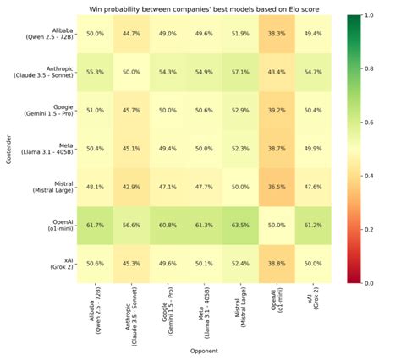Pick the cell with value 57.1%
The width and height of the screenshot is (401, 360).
tap(240, 74)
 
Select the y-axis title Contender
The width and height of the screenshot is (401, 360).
tap(7, 150)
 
